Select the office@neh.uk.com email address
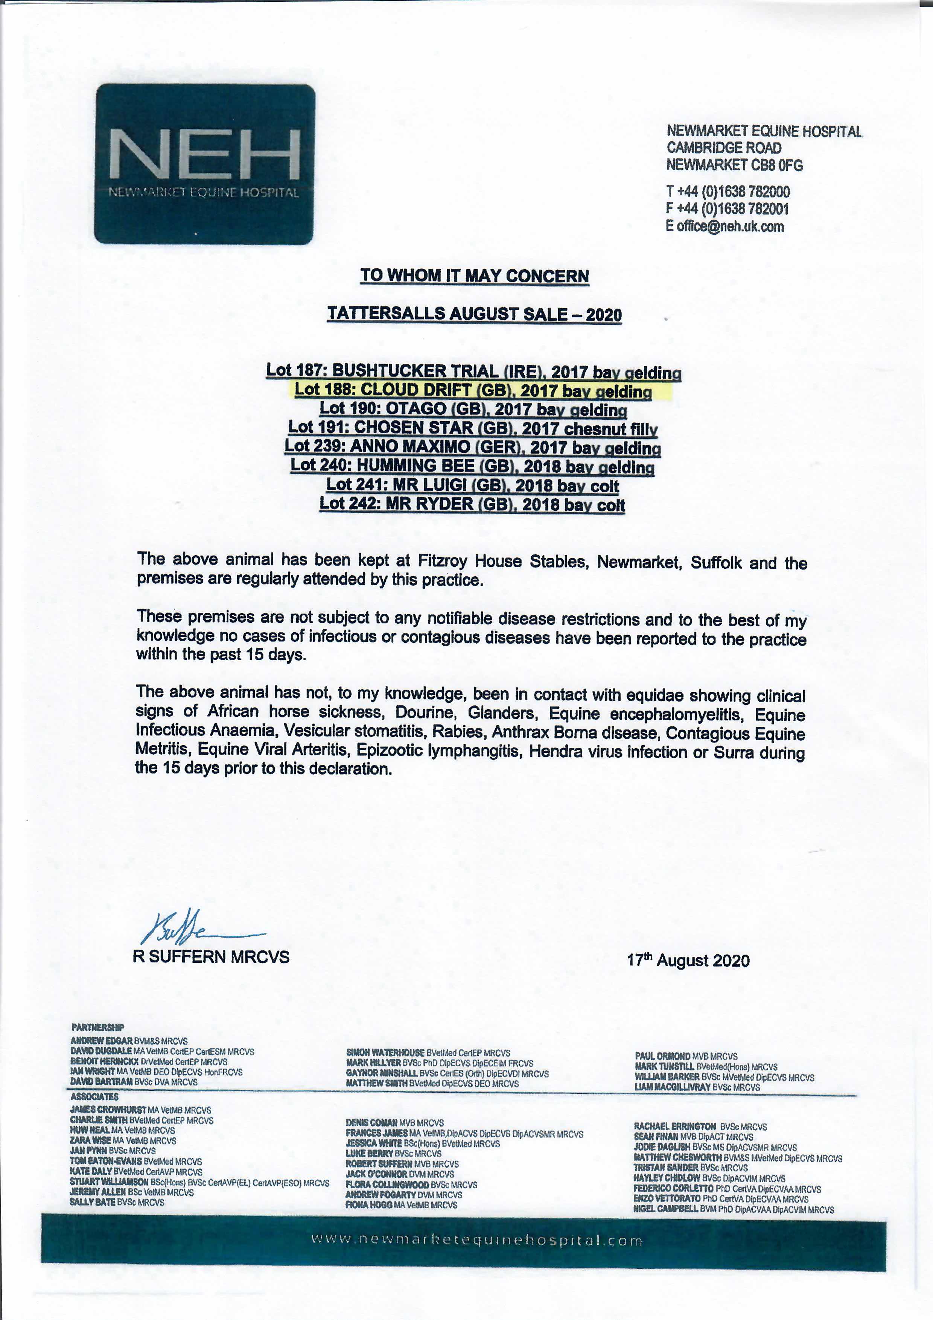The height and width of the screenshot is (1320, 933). pos(730,226)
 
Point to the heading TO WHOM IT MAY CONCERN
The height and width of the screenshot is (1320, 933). pos(474,276)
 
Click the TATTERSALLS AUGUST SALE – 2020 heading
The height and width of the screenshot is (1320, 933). pos(474,314)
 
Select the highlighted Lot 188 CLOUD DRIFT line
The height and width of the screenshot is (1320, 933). pos(473,390)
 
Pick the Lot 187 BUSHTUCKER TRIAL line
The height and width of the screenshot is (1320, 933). pos(473,371)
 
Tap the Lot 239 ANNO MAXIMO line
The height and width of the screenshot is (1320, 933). pos(473,447)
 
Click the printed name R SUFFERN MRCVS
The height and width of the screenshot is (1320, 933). pos(211,957)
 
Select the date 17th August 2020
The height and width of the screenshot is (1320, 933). pos(688,961)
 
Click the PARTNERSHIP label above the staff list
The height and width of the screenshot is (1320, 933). pos(98,1028)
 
